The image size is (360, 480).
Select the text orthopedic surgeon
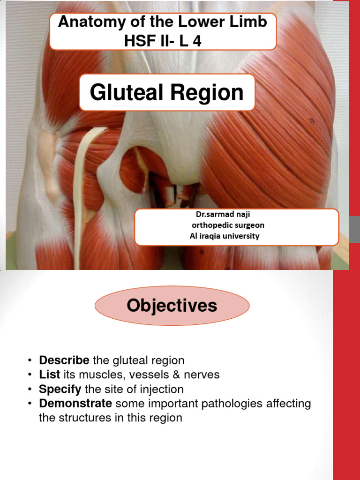(228, 225)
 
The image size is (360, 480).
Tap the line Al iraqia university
(224, 236)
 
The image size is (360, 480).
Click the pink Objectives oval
(172, 306)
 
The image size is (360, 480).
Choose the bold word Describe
(64, 360)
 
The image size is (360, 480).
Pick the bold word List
(49, 375)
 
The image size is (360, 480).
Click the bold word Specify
(60, 389)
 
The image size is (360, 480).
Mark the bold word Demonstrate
(75, 404)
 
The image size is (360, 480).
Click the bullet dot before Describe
(30, 361)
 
